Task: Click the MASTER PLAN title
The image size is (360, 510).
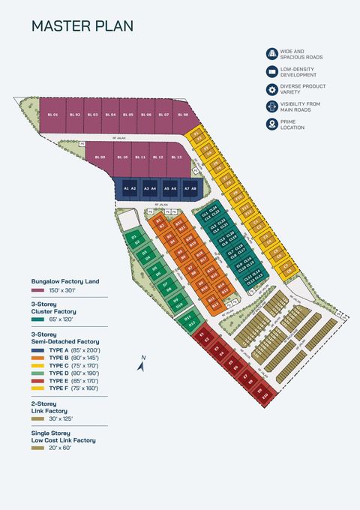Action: (82, 26)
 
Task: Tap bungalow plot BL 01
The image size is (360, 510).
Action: (52, 115)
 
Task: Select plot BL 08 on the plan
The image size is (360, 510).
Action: (183, 115)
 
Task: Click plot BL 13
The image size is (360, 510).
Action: (175, 157)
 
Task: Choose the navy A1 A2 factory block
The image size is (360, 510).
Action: (130, 187)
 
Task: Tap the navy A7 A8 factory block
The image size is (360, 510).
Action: (190, 187)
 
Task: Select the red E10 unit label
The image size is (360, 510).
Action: (264, 395)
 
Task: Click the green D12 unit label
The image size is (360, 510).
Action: (191, 322)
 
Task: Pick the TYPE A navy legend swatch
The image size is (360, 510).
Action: (38, 350)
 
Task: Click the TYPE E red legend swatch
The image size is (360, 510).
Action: (38, 381)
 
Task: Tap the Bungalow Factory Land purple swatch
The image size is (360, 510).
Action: (37, 289)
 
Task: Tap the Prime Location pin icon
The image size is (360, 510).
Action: (272, 124)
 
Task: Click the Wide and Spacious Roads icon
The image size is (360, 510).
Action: (272, 54)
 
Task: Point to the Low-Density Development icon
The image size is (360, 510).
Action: (272, 72)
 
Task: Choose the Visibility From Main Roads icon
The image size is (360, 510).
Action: (272, 106)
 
